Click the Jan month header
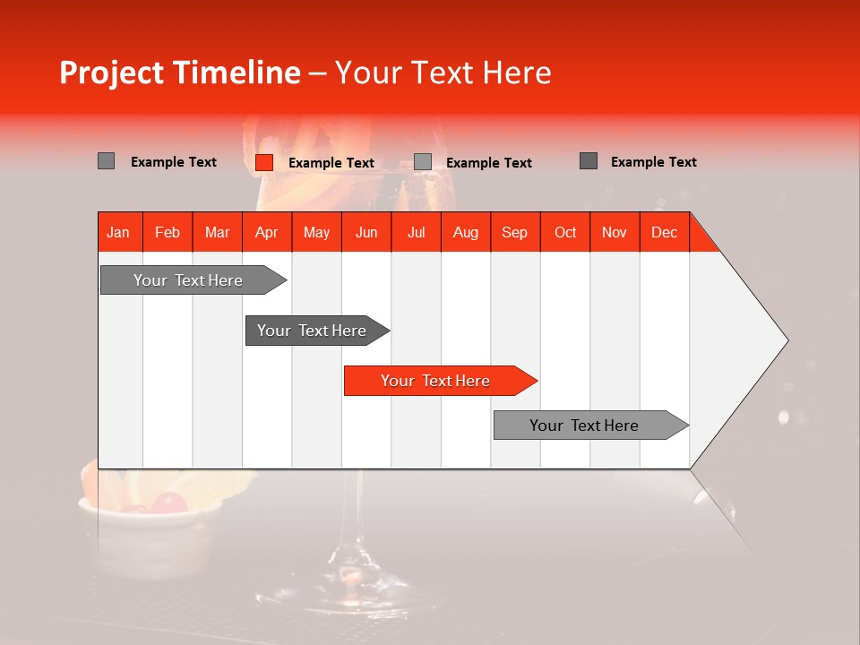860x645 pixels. (119, 232)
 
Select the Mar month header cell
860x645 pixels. (217, 232)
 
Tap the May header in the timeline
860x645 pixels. (316, 232)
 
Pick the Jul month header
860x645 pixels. (416, 232)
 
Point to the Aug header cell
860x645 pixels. (465, 232)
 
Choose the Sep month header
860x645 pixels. (514, 232)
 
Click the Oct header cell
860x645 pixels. (564, 232)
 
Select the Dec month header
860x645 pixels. (664, 232)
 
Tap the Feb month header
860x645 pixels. (168, 232)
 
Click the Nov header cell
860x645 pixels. (614, 232)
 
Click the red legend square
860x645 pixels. (264, 162)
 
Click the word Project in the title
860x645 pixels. (112, 73)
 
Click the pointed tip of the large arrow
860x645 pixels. (786, 340)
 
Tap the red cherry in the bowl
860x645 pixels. (168, 503)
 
